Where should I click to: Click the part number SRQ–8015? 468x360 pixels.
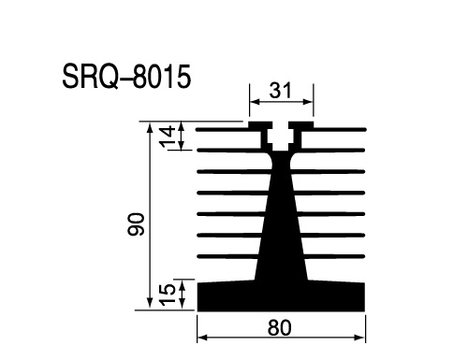126,77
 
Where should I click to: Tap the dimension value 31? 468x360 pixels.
280,91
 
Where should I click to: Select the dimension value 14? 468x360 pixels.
168,137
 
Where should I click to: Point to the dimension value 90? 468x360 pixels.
136,223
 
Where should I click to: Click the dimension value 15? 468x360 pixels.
168,295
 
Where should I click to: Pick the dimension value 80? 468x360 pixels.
279,328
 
